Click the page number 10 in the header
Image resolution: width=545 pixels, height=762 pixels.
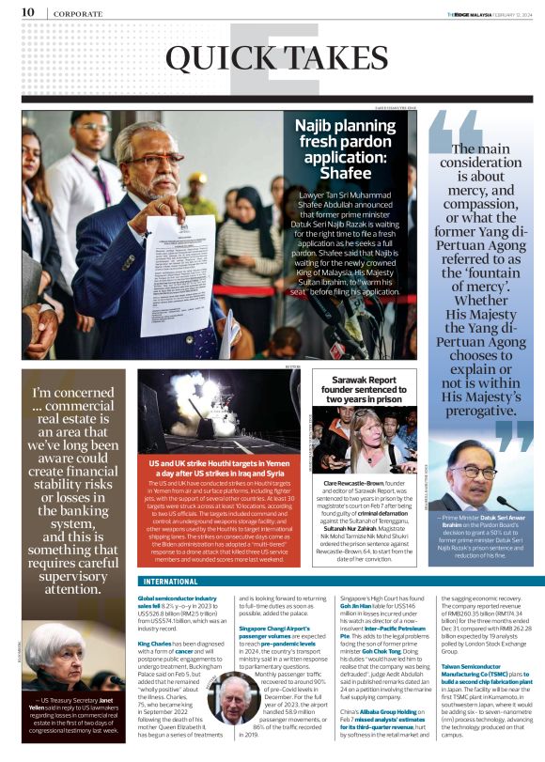coord(28,12)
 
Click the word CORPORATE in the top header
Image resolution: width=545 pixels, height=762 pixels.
coord(78,13)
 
